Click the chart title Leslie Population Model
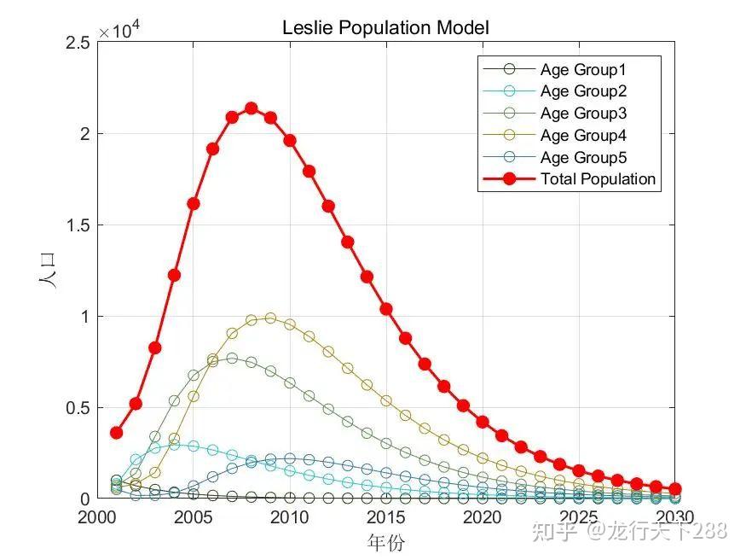(385, 27)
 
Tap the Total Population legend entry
(598, 179)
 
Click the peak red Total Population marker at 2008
(252, 108)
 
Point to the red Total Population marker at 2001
(116, 433)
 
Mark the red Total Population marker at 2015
(386, 309)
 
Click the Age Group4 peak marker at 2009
(270, 318)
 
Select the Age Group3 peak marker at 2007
(232, 359)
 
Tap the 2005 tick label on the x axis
(193, 518)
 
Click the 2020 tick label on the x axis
(483, 518)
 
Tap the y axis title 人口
(50, 271)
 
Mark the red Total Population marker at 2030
(675, 489)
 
